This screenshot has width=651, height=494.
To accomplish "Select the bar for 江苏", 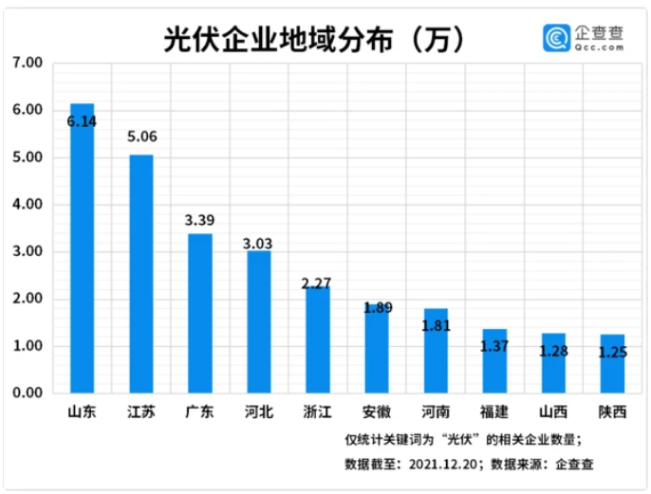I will [141, 274].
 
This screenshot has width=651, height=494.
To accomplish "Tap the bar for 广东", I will [199, 313].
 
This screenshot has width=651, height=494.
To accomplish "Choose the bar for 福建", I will [494, 360].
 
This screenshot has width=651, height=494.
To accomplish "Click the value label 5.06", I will [141, 137].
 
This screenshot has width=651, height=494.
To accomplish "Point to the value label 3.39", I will [199, 220].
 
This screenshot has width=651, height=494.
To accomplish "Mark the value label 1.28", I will [552, 353].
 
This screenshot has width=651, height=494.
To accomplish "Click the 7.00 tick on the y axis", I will [28, 64].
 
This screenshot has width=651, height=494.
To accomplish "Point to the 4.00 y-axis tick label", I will [28, 205].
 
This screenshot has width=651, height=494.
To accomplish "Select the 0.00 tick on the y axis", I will [28, 393].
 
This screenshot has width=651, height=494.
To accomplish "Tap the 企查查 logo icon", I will [558, 37].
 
